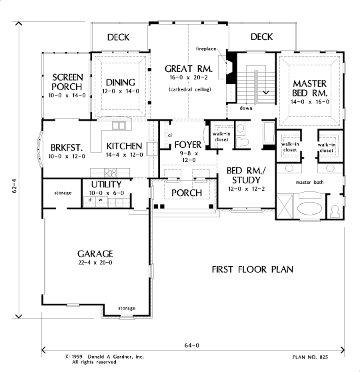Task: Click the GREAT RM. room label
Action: point(189,69)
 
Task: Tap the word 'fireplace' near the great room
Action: point(206,49)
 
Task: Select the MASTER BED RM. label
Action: point(310,88)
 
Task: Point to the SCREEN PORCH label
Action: point(67,82)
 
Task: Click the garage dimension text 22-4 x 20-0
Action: point(95,263)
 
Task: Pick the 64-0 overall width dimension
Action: point(192,345)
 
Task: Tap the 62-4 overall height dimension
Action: point(14,185)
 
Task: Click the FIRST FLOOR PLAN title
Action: point(252,269)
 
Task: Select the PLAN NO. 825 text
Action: point(310,357)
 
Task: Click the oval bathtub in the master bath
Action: point(310,208)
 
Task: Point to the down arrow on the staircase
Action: point(266,92)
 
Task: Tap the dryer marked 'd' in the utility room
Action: point(90,200)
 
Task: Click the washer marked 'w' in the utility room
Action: point(101,200)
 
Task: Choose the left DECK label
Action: point(118,37)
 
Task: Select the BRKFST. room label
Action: point(67,147)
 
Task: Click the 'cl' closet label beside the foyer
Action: point(170,135)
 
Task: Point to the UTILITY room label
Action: point(106,185)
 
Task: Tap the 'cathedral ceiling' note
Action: point(190,89)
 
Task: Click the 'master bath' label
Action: point(310,183)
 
